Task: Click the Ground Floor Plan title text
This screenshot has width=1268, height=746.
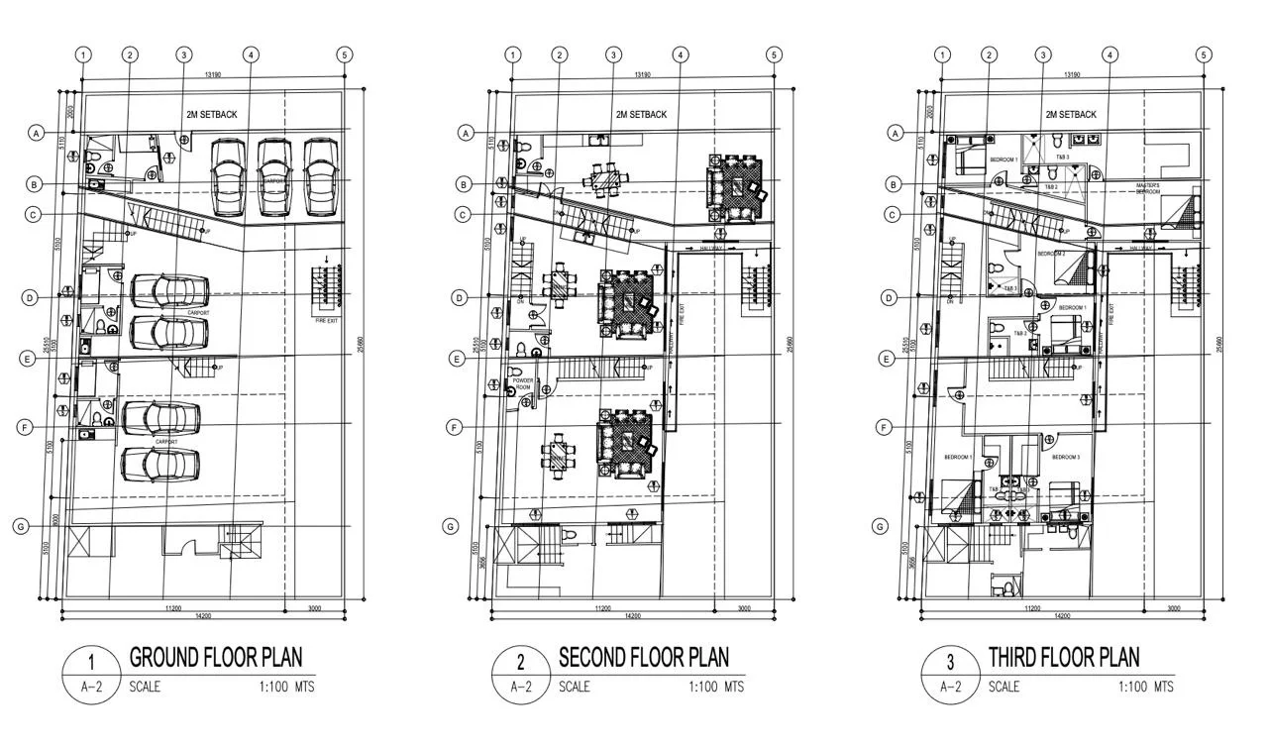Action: coord(216,657)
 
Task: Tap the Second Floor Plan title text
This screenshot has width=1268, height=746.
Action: coord(643,657)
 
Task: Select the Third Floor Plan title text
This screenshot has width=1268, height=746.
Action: coord(1063,657)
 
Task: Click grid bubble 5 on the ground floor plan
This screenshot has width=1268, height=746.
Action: coord(344,55)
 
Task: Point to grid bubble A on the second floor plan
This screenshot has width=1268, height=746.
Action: coord(464,132)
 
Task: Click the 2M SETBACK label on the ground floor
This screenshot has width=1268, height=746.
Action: coord(212,115)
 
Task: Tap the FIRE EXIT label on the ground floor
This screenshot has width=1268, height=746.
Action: coord(327,321)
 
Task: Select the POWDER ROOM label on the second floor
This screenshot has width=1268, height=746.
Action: coord(523,383)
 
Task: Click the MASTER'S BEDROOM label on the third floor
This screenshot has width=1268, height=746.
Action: coord(1148,188)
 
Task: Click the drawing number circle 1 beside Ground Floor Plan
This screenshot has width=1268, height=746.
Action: coord(91,663)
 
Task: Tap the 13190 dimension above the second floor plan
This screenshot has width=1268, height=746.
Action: coord(641,74)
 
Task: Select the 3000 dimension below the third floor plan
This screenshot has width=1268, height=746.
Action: coord(1173,608)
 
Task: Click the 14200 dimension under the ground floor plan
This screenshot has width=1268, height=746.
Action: coord(204,616)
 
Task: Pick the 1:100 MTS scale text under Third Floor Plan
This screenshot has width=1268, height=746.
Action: coord(1146,687)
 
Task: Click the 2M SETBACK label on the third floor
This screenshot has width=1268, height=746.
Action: coord(1071,115)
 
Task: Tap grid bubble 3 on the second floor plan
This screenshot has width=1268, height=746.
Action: coord(614,55)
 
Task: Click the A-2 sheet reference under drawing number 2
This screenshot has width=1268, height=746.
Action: coord(521,687)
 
